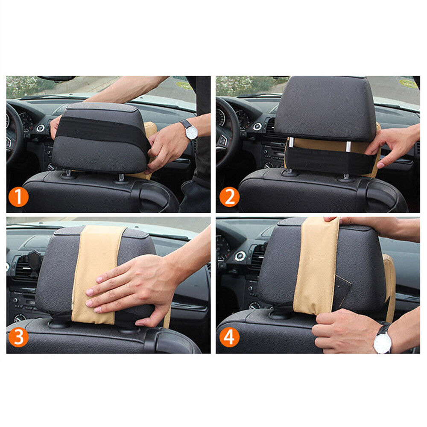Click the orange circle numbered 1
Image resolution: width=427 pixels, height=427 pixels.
click(x=18, y=197)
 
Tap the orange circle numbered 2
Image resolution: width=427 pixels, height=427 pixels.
click(x=229, y=197)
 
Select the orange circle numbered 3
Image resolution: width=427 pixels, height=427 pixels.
click(x=18, y=337)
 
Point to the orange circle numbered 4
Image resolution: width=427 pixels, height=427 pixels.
click(x=229, y=337)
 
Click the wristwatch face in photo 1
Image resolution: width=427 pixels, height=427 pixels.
click(x=191, y=132)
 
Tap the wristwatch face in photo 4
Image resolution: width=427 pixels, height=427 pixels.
click(x=382, y=342)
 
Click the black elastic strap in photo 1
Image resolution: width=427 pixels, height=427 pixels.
click(x=102, y=131)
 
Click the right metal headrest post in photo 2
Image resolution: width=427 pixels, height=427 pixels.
click(x=348, y=146)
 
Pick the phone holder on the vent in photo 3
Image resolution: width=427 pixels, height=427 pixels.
click(x=35, y=261)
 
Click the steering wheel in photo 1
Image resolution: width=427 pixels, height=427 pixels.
click(x=14, y=133)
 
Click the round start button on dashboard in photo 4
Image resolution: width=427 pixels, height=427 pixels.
click(x=240, y=256)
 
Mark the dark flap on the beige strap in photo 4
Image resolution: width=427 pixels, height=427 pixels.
click(x=344, y=289)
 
